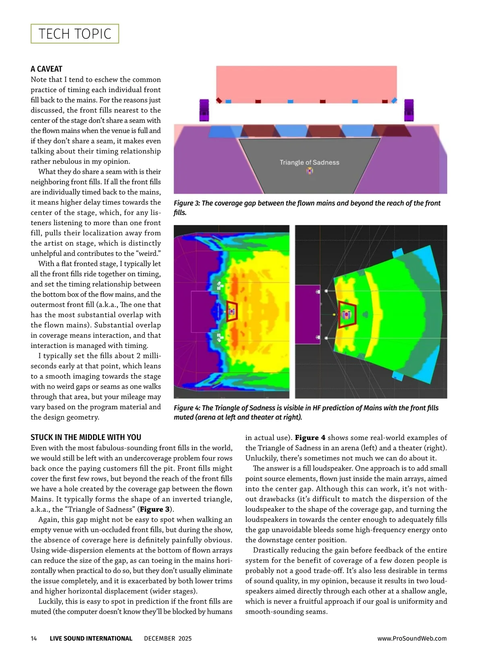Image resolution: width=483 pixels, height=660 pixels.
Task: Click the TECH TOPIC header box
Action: [75, 34]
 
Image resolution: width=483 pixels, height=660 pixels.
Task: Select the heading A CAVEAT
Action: [46, 69]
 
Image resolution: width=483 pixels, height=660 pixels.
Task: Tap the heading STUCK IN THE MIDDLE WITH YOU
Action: [86, 437]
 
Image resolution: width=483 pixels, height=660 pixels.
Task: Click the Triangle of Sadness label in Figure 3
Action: [309, 162]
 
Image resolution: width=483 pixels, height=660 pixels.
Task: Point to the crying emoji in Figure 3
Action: [309, 171]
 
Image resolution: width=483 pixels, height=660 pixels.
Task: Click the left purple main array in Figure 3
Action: [204, 110]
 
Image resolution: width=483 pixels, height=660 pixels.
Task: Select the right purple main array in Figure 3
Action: [409, 110]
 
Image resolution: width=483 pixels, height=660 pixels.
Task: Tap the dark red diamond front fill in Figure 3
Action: [219, 100]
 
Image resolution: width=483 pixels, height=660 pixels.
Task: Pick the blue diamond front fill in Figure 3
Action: [394, 100]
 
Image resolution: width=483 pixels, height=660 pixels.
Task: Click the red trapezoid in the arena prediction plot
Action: [231, 311]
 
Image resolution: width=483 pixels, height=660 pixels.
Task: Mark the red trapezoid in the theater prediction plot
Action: [347, 314]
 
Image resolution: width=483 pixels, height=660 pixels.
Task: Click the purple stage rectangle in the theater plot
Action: [308, 314]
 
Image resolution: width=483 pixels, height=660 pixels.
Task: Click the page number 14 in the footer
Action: [34, 638]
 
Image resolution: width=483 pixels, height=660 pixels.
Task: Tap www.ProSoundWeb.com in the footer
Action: [412, 638]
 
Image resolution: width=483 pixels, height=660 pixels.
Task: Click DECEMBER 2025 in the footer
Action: [168, 638]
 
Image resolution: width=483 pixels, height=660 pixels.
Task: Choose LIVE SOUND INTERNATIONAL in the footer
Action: [91, 638]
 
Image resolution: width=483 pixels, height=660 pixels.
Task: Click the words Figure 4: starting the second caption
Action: [187, 408]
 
